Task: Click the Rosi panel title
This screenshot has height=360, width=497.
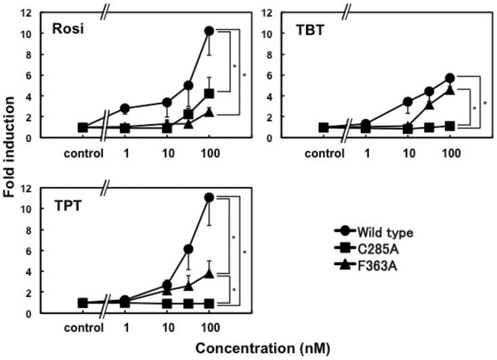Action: tap(69, 30)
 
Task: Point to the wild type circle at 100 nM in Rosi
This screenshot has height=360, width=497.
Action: tap(209, 31)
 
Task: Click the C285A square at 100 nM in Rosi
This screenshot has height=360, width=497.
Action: tap(209, 93)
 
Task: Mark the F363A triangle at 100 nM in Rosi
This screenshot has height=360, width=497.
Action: tap(209, 112)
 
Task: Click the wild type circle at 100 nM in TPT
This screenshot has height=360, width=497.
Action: tap(209, 198)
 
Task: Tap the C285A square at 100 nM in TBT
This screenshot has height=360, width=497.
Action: tap(450, 126)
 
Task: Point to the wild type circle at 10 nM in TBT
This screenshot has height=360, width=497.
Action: tap(408, 102)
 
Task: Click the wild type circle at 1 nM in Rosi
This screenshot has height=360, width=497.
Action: tap(125, 108)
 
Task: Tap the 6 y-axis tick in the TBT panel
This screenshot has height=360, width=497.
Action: tap(272, 75)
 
